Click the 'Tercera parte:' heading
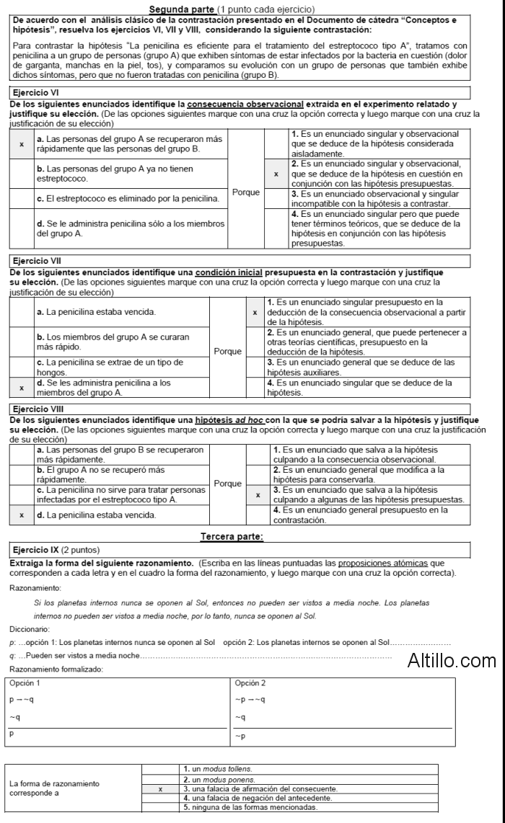tap(232, 535)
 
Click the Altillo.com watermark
tap(452, 659)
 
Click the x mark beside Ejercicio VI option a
tap(22, 143)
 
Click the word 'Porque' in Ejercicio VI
tap(245, 192)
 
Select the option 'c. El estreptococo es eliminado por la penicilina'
tap(128, 197)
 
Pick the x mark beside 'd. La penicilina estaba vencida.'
tap(22, 515)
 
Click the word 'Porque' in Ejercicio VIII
tap(228, 484)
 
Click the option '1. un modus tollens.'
tap(218, 769)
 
